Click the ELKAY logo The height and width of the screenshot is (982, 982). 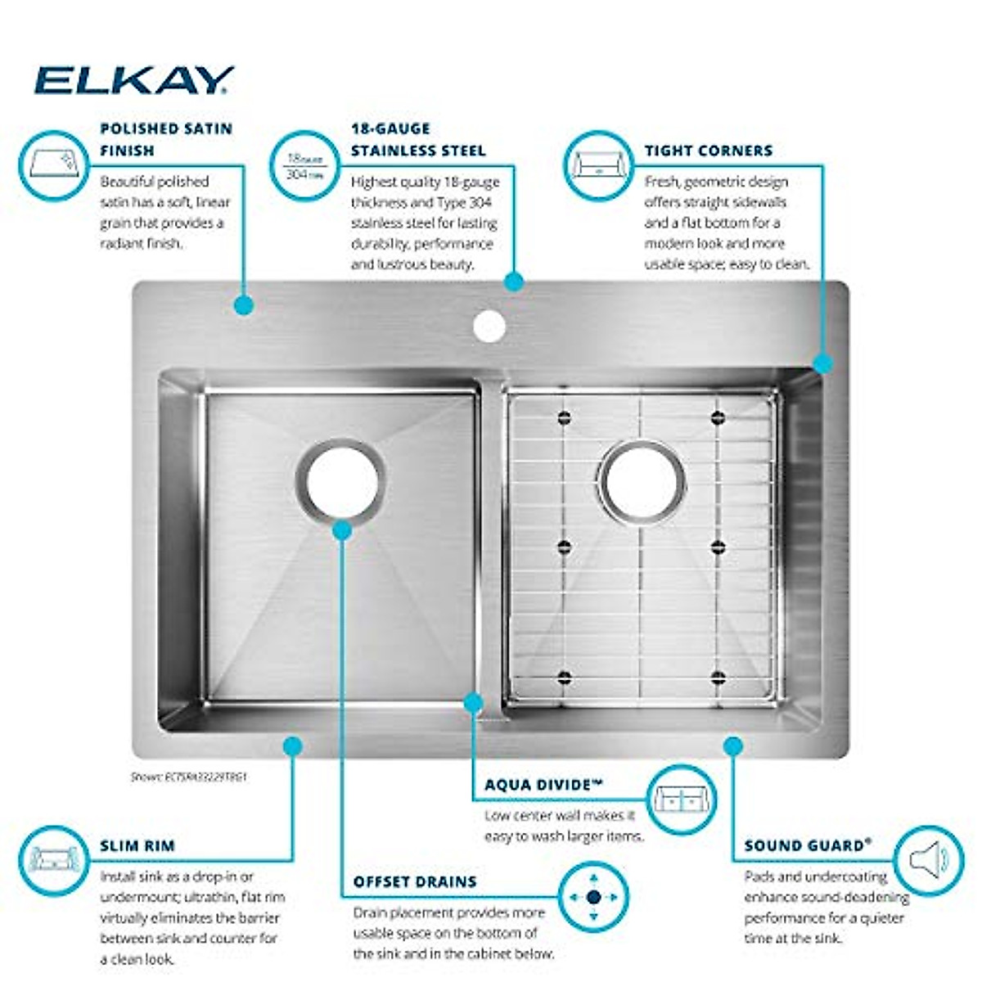(x=133, y=80)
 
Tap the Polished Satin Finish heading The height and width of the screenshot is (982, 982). (x=166, y=139)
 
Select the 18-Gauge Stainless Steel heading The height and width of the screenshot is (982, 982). (x=418, y=139)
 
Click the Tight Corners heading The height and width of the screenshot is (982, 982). (x=708, y=151)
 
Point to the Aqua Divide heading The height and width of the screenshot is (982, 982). (x=543, y=785)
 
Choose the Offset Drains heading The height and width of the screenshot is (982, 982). (x=415, y=881)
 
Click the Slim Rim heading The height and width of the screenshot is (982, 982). (x=137, y=845)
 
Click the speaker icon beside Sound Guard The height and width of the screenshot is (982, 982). (x=929, y=860)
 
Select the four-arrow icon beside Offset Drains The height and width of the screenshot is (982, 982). (x=593, y=897)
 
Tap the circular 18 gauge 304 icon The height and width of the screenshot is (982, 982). (x=304, y=166)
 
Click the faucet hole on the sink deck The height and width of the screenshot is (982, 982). (x=489, y=325)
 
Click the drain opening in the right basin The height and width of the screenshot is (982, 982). (x=642, y=482)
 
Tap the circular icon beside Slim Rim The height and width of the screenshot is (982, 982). (x=53, y=860)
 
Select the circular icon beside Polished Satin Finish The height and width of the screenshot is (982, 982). (x=53, y=166)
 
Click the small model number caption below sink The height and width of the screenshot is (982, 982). (x=188, y=777)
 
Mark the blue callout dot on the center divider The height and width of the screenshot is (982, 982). (x=473, y=702)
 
